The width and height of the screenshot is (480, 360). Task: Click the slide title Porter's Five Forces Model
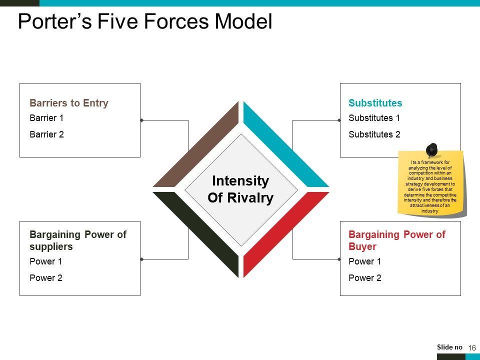click(145, 22)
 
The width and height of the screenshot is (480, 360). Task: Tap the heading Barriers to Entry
click(69, 103)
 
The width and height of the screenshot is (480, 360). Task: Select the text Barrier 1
click(46, 118)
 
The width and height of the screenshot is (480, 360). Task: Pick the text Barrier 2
click(46, 134)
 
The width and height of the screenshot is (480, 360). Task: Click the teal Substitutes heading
click(375, 103)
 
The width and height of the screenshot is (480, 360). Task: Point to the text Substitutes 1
click(374, 118)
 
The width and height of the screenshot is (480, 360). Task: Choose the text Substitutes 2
click(374, 134)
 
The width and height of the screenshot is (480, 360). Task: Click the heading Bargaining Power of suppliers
click(77, 240)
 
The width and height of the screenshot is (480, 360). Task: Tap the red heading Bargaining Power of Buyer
click(396, 240)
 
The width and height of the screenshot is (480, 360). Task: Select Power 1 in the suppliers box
click(45, 261)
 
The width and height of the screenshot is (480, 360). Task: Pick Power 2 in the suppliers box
click(45, 278)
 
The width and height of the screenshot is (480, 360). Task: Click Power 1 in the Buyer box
click(364, 261)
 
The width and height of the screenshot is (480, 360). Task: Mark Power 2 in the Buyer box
click(364, 278)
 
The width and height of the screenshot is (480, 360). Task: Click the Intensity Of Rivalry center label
click(240, 189)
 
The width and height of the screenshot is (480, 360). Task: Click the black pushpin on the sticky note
click(431, 149)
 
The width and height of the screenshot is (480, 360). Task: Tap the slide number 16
click(472, 347)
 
